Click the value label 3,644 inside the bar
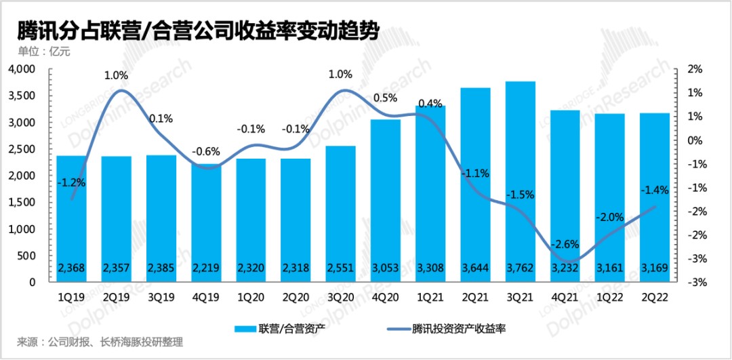(475, 269)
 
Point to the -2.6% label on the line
(564, 243)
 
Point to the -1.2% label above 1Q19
(70, 182)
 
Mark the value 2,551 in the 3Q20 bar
(340, 269)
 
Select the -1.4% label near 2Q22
(655, 191)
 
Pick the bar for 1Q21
(430, 190)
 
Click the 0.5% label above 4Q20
(385, 98)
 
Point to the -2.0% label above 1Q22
(609, 217)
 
